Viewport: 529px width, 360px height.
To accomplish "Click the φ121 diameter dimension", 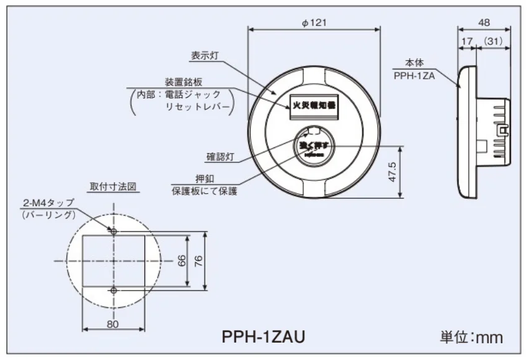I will coord(314,22).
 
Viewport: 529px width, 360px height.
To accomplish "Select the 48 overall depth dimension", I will coord(484,22).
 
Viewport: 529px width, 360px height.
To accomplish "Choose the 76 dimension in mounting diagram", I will coord(198,260).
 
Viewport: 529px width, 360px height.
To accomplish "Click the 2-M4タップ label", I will coord(48,203).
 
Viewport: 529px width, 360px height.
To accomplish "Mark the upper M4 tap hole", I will coord(113,231).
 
